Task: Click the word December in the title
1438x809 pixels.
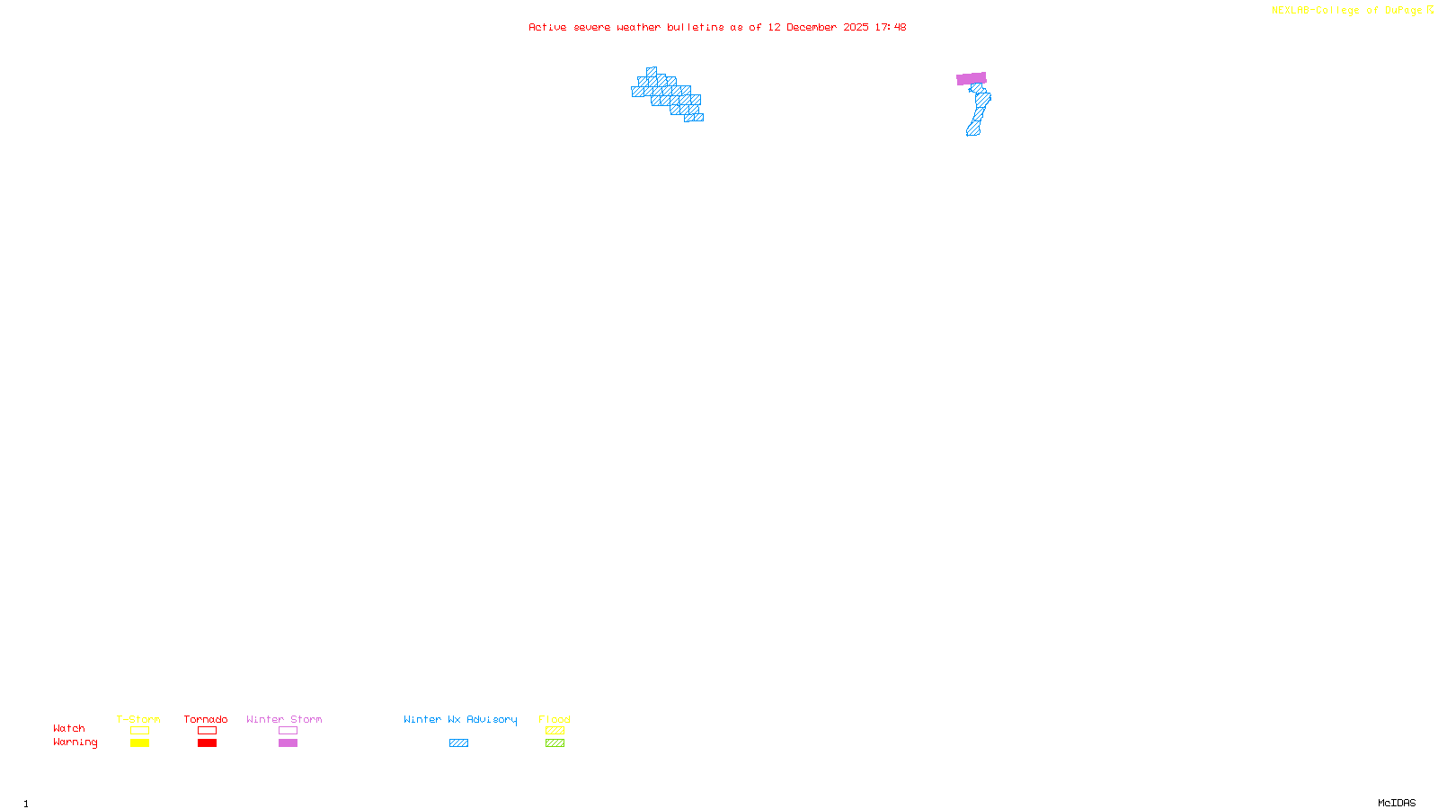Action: point(812,27)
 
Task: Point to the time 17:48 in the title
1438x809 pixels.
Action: point(890,27)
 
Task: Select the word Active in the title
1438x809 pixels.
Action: point(547,27)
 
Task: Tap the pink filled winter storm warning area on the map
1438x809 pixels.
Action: point(971,79)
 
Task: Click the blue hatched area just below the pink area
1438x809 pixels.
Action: point(981,101)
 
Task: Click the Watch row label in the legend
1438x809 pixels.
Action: point(69,729)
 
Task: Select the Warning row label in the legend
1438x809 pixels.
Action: point(75,742)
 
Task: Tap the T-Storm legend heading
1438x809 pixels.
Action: point(138,719)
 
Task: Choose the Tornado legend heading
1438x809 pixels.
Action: point(206,719)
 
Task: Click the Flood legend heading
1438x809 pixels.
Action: point(555,719)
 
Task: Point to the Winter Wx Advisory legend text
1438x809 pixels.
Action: point(460,719)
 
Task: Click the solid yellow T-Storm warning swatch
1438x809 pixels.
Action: point(139,743)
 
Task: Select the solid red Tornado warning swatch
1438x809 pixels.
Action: point(207,743)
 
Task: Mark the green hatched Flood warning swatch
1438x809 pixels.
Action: point(555,743)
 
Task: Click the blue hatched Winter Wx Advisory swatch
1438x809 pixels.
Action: point(458,743)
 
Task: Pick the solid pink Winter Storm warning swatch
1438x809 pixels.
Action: point(288,743)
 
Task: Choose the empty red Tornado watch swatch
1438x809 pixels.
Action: point(207,731)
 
